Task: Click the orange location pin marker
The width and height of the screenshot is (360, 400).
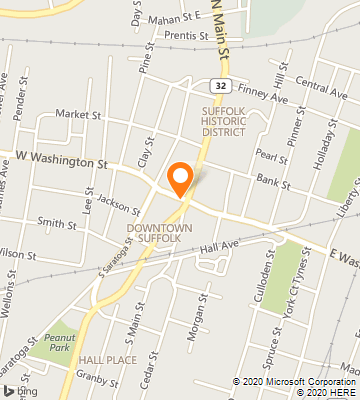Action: pos(181,178)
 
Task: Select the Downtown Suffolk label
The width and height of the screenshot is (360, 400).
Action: pos(153,232)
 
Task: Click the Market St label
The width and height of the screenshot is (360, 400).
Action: pos(73,115)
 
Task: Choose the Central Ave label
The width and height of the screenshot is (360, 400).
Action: pos(321,91)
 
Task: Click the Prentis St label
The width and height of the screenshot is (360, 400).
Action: pos(188,36)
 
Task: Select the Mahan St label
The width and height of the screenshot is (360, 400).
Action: pos(168,17)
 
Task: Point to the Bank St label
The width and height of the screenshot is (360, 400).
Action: pos(272,184)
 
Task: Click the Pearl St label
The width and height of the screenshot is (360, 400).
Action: pos(265,154)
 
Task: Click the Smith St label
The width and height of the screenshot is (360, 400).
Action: pos(56,222)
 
